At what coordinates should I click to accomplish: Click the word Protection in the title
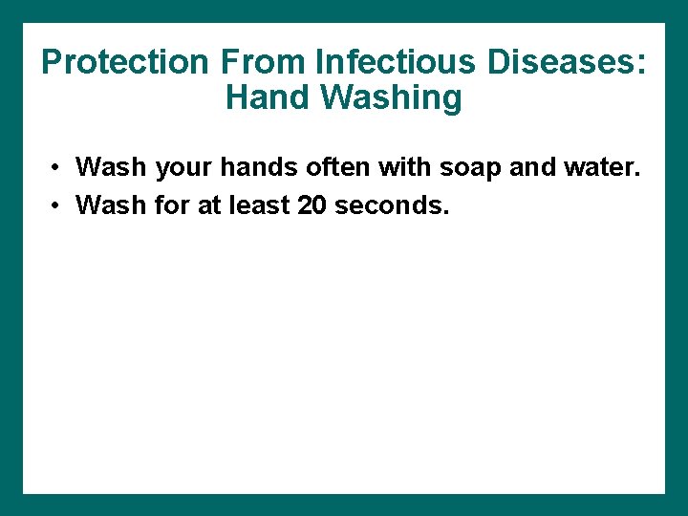[125, 63]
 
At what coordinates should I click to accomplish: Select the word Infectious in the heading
[394, 63]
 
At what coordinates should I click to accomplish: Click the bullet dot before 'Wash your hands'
[58, 168]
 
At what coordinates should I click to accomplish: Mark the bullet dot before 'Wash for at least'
[58, 205]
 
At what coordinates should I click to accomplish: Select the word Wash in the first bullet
[111, 167]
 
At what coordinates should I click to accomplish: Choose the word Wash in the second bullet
[111, 204]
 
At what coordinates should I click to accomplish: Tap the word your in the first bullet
[182, 168]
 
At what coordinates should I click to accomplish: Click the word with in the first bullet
[404, 167]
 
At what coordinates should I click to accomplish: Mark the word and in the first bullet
[531, 167]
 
